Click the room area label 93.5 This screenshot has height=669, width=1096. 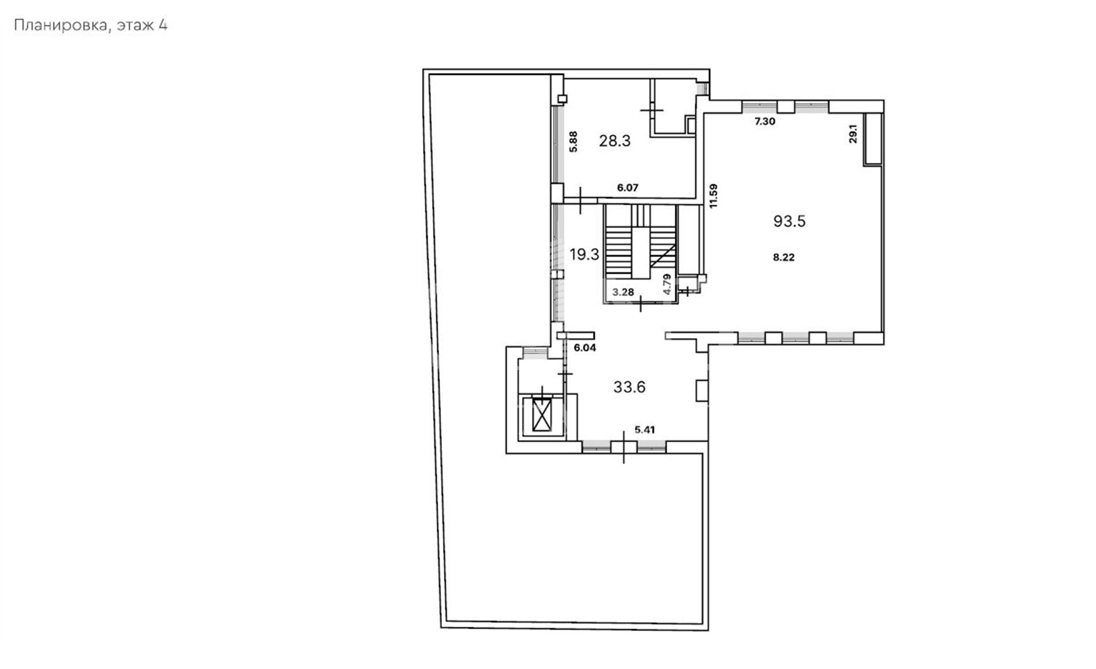[789, 221]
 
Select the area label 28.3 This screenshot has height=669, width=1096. [614, 141]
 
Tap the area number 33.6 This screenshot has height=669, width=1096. [629, 387]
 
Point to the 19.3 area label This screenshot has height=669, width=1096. [584, 254]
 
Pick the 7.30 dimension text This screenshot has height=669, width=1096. [765, 121]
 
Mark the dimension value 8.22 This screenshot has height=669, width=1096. [784, 257]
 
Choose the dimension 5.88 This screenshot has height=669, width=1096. [574, 141]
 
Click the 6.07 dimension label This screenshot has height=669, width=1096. [627, 188]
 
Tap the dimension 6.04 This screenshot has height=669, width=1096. [585, 347]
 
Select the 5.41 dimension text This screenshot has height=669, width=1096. [644, 430]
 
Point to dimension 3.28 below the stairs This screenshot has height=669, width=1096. [623, 292]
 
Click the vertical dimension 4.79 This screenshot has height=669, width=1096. [667, 284]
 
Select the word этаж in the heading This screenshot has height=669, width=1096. [135, 26]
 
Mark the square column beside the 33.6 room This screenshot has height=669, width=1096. [702, 391]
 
